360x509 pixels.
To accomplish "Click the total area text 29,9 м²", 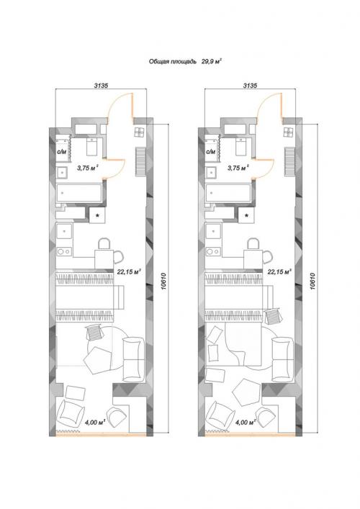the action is tap(212, 61).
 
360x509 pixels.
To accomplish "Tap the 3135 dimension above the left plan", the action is tap(101, 86).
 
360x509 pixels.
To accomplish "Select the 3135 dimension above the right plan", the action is tap(250, 86).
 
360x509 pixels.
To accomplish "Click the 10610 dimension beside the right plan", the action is tap(312, 281).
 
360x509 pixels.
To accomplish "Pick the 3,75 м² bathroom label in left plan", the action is tap(88, 168).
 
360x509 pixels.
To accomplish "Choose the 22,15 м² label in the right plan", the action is tap(279, 271).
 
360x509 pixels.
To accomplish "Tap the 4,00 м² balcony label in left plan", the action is tap(96, 423).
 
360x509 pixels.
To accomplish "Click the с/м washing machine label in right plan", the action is tap(211, 152).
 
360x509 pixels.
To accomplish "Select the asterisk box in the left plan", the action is tap(97, 215).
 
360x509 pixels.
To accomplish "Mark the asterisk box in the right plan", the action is tap(247, 215).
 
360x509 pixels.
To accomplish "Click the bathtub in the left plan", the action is tap(79, 193).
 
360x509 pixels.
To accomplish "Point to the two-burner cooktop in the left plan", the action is tap(64, 251).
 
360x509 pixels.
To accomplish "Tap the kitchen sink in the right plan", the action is tap(213, 231).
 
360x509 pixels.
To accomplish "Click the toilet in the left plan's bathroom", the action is tap(91, 146).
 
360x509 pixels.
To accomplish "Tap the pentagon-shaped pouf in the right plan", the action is tap(246, 392).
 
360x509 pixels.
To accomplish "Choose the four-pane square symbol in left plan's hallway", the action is tap(140, 132).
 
